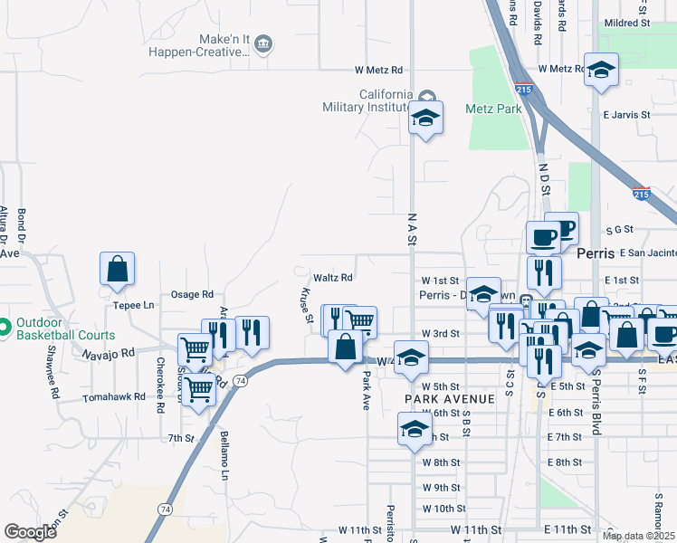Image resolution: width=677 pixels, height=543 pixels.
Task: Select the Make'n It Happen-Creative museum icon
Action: tap(263, 43)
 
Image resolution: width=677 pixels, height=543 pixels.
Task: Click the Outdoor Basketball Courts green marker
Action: tap(5, 326)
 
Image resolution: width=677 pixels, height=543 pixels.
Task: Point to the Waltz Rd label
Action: tap(332, 278)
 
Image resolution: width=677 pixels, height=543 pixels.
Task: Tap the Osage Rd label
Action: tap(192, 295)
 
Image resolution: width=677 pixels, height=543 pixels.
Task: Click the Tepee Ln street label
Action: tap(134, 305)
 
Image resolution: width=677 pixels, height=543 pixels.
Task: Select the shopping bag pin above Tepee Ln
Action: tap(117, 270)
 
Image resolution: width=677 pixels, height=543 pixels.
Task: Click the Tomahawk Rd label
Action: tap(114, 397)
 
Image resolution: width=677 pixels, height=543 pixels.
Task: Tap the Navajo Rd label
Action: tap(112, 351)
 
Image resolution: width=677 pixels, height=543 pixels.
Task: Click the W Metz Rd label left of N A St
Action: tap(378, 70)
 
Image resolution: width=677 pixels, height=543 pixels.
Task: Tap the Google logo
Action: tap(30, 532)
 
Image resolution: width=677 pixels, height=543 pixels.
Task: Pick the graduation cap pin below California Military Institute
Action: tap(425, 118)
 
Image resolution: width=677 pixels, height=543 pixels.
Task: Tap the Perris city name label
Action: tap(595, 254)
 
